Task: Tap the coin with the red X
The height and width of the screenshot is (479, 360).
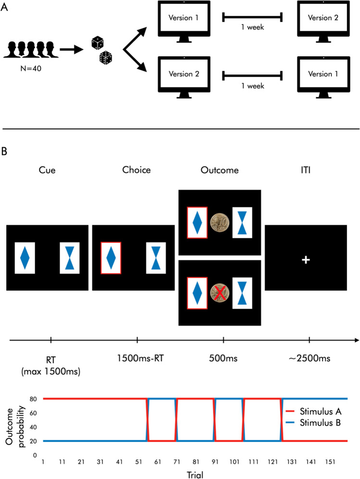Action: (x=220, y=293)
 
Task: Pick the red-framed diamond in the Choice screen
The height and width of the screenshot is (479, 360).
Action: (x=111, y=258)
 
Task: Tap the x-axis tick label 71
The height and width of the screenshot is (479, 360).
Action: (x=176, y=460)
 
